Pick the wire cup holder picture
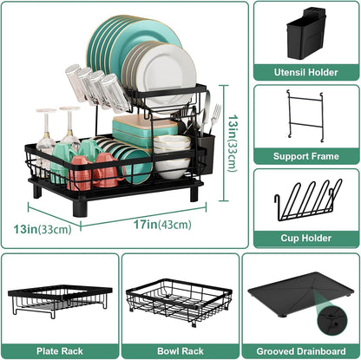(304, 197)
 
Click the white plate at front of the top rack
(167, 77)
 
